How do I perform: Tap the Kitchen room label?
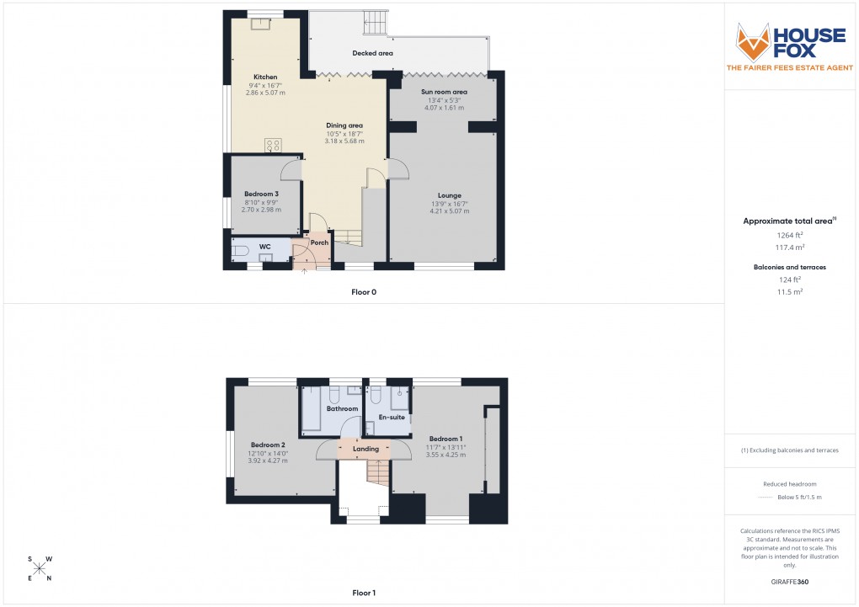point(265,77)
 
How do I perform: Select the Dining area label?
point(344,125)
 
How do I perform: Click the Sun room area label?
point(444,92)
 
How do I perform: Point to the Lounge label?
point(449,195)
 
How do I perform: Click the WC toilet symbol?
point(241,250)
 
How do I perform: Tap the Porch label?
point(319,242)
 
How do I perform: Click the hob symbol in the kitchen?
point(274,145)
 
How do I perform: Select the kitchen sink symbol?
point(260,24)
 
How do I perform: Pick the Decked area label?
point(372,53)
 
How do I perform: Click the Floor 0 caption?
point(364,292)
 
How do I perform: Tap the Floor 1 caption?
point(364,593)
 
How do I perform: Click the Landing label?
point(365,449)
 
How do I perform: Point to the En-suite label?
point(392,417)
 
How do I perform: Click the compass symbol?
point(39,568)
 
